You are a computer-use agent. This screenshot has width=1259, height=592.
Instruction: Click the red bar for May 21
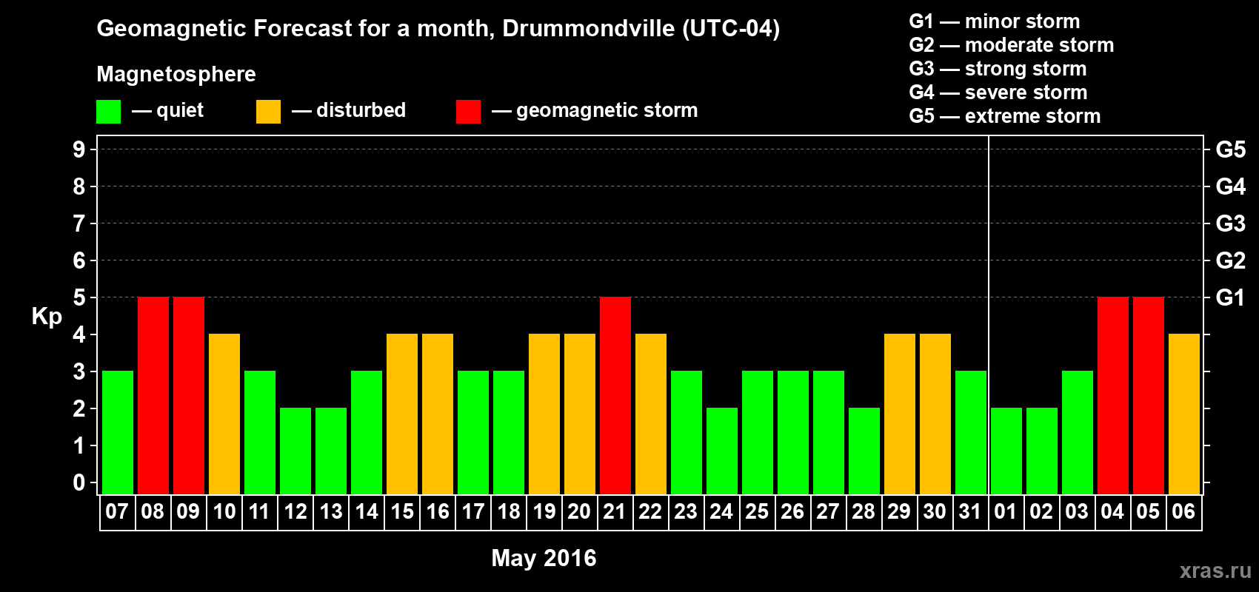pyautogui.click(x=615, y=395)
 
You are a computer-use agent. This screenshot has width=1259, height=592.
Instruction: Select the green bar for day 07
pyautogui.click(x=118, y=432)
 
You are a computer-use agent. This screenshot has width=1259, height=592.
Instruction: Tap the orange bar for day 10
pyautogui.click(x=224, y=414)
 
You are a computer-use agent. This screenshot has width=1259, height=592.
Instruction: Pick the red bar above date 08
pyautogui.click(x=153, y=395)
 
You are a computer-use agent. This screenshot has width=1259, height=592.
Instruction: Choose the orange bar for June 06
pyautogui.click(x=1184, y=414)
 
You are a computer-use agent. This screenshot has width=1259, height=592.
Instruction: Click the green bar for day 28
pyautogui.click(x=864, y=451)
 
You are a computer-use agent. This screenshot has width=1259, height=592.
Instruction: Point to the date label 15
pyautogui.click(x=402, y=511)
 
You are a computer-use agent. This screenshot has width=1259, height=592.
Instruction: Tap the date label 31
pyautogui.click(x=970, y=511)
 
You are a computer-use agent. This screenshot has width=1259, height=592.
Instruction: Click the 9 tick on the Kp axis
pyautogui.click(x=79, y=149)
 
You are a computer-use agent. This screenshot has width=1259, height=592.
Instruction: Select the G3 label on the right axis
pyautogui.click(x=1230, y=223)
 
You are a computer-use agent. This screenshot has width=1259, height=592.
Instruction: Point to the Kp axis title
pyautogui.click(x=47, y=317)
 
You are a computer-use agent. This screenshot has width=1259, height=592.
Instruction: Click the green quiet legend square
pyautogui.click(x=109, y=112)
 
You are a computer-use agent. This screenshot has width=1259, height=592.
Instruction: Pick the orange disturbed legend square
pyautogui.click(x=268, y=112)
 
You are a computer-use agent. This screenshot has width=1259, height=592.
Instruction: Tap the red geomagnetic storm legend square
pyautogui.click(x=468, y=112)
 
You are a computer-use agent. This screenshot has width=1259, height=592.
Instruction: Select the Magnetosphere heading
pyautogui.click(x=176, y=74)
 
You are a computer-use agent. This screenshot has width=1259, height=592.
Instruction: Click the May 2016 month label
pyautogui.click(x=544, y=558)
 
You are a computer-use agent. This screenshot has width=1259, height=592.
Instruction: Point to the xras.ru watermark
pyautogui.click(x=1215, y=571)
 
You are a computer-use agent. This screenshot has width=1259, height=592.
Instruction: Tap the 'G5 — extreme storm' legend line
pyautogui.click(x=1004, y=116)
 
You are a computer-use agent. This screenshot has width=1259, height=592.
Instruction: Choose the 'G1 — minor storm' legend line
pyautogui.click(x=994, y=21)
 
